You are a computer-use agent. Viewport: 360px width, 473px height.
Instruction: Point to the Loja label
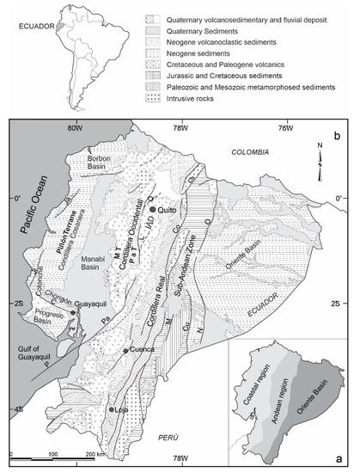click(x=125, y=411)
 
